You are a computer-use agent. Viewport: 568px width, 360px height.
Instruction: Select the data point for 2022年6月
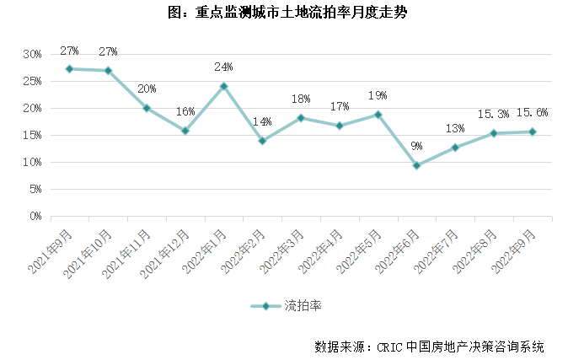[416, 165]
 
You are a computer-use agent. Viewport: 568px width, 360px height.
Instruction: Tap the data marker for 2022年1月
[223, 86]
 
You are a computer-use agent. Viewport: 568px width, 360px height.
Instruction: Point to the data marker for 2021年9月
[69, 69]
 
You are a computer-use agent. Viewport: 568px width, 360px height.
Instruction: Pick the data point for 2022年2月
[262, 141]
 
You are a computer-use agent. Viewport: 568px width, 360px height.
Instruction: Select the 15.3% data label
[493, 114]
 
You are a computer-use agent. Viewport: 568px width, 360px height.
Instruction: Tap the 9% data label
[416, 147]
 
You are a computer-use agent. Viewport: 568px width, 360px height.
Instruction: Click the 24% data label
[223, 67]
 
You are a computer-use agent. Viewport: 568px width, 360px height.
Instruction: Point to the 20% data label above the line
[147, 89]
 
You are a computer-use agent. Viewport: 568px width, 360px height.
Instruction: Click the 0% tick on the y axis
[35, 216]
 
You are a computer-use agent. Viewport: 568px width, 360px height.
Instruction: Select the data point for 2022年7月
[455, 148]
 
